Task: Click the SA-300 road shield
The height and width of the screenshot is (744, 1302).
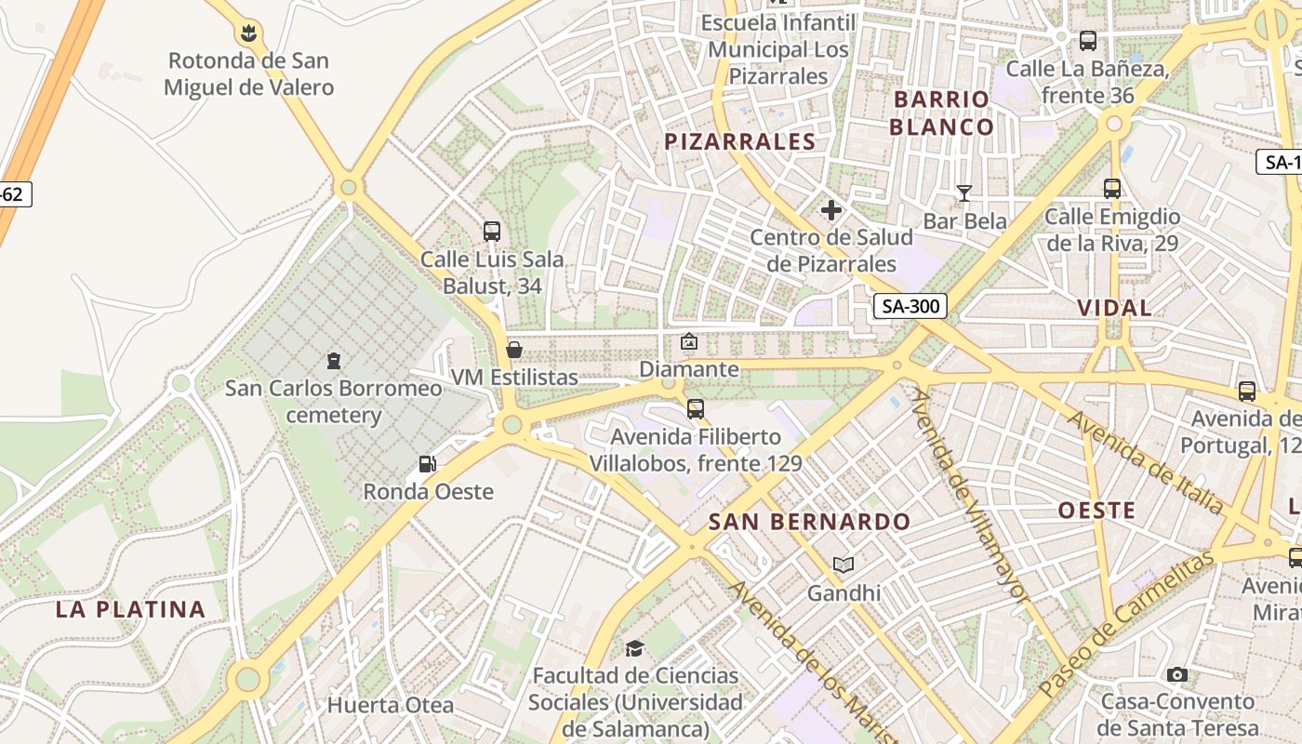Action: [x=910, y=306]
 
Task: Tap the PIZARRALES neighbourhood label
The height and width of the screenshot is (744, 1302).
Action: [x=740, y=141]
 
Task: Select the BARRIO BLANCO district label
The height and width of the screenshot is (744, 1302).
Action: [x=941, y=113]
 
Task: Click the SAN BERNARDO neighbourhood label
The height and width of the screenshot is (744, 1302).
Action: [x=809, y=522]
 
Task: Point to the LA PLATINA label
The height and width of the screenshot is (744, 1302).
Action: [x=130, y=609]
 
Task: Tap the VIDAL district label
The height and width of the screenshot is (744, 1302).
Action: [x=1114, y=308]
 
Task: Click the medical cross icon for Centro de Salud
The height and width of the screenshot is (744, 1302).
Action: [x=831, y=211]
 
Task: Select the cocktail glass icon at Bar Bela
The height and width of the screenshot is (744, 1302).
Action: [x=964, y=193]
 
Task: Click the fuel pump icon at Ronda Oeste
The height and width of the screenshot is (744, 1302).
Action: [x=428, y=463]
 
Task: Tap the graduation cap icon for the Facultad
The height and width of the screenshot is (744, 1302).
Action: [x=634, y=648]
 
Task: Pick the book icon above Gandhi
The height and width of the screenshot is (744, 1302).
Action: [x=844, y=565]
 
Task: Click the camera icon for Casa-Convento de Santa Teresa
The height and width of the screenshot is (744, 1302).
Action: [x=1177, y=674]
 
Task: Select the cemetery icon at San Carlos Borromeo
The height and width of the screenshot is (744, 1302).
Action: [x=334, y=360]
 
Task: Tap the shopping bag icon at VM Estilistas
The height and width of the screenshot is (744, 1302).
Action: [x=513, y=350]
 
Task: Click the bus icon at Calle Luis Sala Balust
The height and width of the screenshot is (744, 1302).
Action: [x=492, y=232]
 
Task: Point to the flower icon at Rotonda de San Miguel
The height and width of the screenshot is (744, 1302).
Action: [x=247, y=34]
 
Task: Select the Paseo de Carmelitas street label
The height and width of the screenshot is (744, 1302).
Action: [x=1127, y=623]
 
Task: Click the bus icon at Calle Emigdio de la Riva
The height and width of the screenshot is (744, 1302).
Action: [x=1111, y=189]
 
